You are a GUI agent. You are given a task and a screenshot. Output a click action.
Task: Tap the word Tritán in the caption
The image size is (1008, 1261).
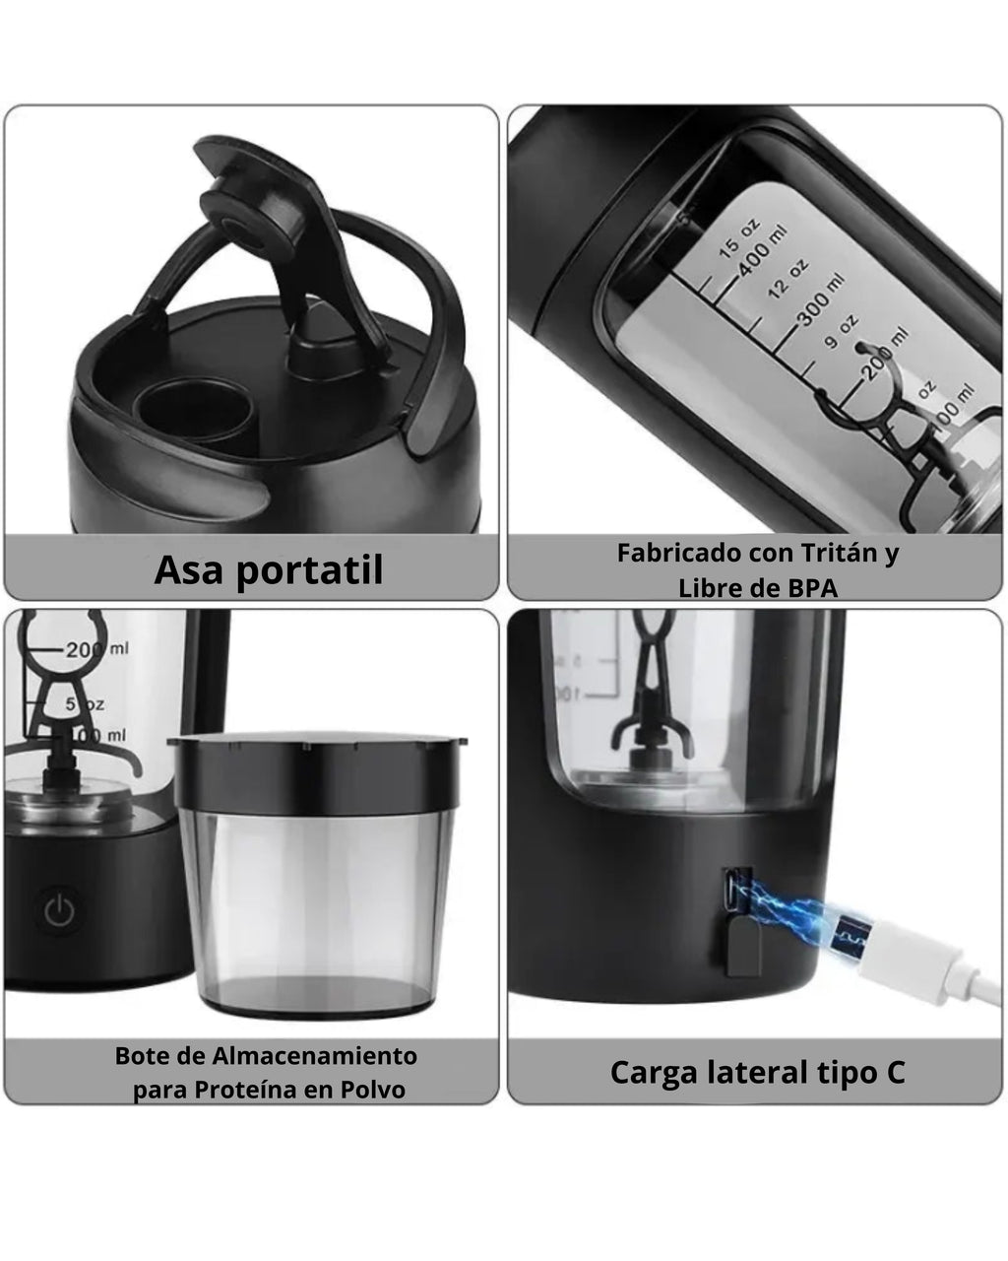coord(829,553)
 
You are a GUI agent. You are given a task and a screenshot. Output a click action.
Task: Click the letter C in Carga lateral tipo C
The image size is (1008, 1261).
coord(894,1072)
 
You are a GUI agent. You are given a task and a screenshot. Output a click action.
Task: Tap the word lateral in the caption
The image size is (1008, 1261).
coord(757,1072)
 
